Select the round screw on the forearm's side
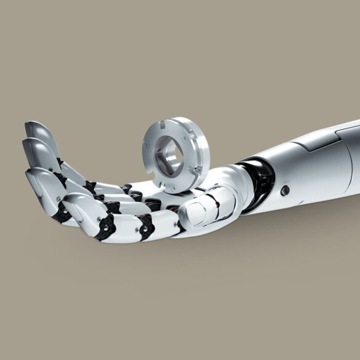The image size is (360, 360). point(285,190)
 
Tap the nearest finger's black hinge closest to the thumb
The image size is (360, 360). point(148,229)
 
